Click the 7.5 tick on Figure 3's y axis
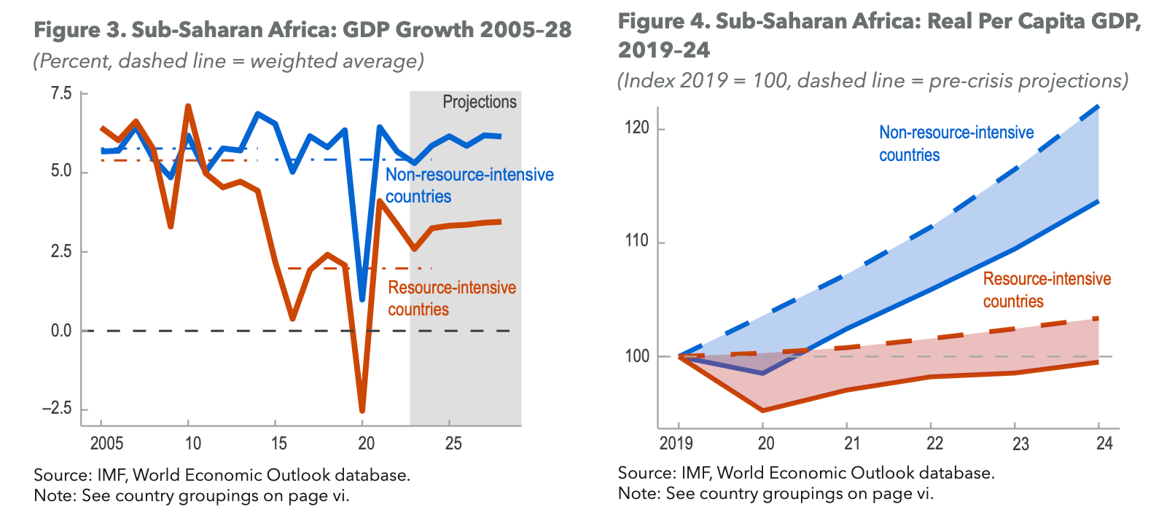(x=61, y=93)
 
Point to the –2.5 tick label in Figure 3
(x=57, y=408)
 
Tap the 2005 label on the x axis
(x=106, y=444)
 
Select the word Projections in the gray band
(x=480, y=102)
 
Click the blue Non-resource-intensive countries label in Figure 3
(x=469, y=185)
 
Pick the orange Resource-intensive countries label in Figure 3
(x=451, y=298)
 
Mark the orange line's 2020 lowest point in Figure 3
(x=362, y=411)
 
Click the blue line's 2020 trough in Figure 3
(x=362, y=299)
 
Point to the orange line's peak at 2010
(x=188, y=106)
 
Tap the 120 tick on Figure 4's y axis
(x=636, y=128)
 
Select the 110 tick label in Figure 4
(x=636, y=241)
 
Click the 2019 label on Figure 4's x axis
(x=676, y=443)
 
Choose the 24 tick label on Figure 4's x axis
(x=1104, y=443)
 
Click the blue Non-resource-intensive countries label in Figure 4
(x=956, y=143)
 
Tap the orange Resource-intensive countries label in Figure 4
(x=1046, y=290)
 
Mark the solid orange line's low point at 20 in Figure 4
(x=763, y=411)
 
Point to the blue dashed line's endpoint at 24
(x=1098, y=106)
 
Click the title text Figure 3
(x=79, y=30)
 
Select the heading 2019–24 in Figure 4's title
(x=663, y=50)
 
